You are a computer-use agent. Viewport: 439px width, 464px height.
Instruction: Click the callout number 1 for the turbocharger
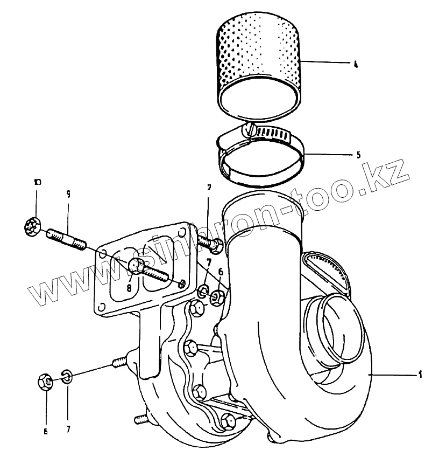point(420,373)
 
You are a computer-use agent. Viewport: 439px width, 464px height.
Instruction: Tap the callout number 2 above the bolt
point(209,188)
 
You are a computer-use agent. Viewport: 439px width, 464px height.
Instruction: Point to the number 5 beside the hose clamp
point(358,155)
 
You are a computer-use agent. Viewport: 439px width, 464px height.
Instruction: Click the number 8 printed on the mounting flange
point(129,288)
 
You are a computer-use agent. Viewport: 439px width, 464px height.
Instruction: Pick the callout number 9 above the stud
point(68,194)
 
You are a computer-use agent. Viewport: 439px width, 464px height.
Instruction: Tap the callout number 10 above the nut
point(37,182)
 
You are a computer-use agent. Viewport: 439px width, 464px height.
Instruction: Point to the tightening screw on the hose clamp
point(249,129)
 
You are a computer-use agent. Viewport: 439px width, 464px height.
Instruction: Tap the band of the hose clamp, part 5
point(262,162)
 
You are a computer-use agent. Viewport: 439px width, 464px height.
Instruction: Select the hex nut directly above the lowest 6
point(46,383)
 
